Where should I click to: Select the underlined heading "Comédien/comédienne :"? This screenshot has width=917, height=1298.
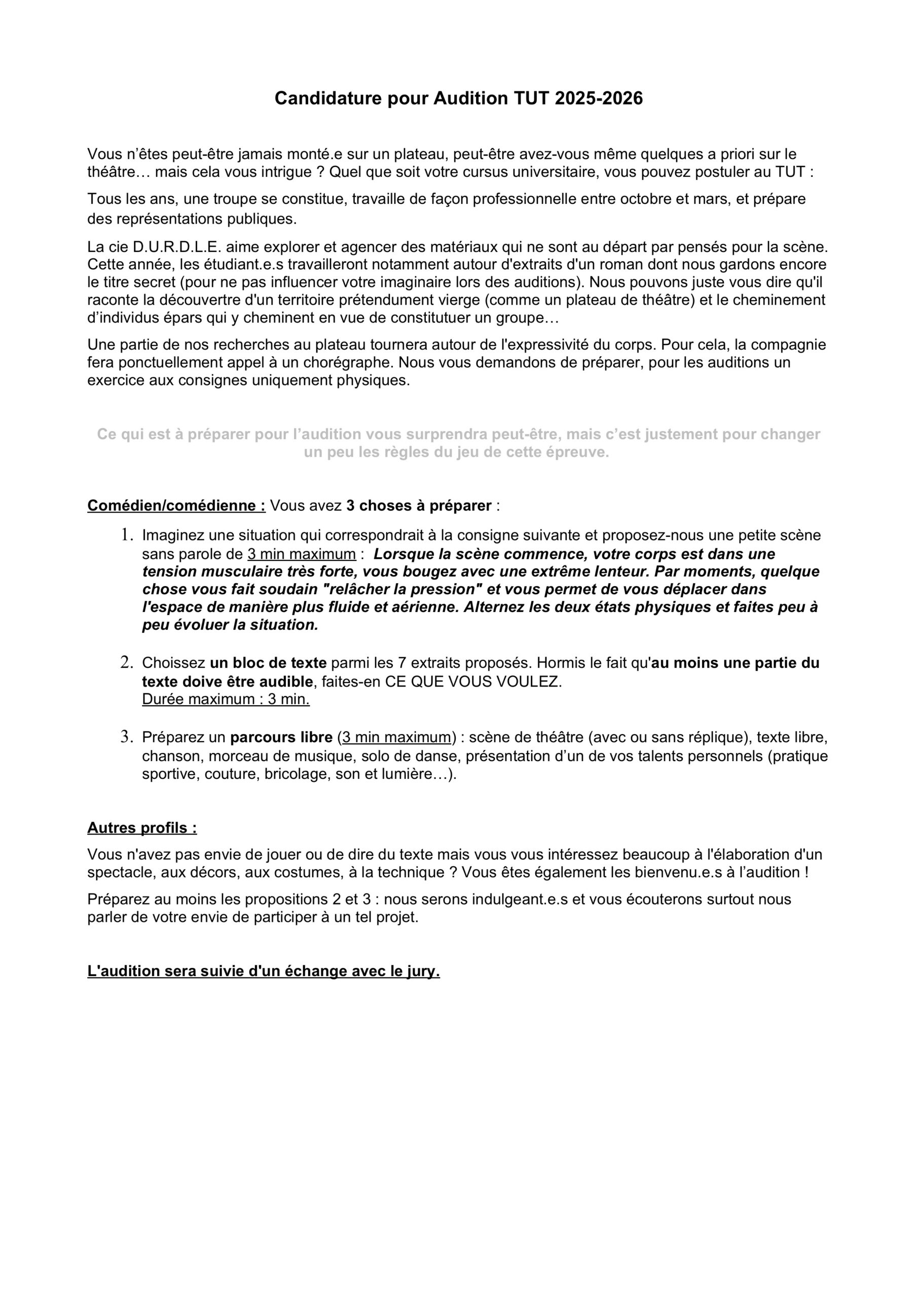coord(176,506)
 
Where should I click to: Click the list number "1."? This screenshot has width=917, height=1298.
coord(127,535)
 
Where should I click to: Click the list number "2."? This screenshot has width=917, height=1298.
coord(127,663)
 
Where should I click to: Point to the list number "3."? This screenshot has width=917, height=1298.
coord(127,737)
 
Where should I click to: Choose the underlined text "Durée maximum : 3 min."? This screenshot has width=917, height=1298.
coord(226,699)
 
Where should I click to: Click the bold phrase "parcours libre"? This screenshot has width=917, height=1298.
coord(281,738)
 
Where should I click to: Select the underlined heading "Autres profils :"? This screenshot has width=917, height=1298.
coord(142,828)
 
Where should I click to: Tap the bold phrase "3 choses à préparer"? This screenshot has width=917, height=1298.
coord(419,506)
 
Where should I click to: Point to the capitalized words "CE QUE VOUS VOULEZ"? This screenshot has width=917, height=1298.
coord(473,682)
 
